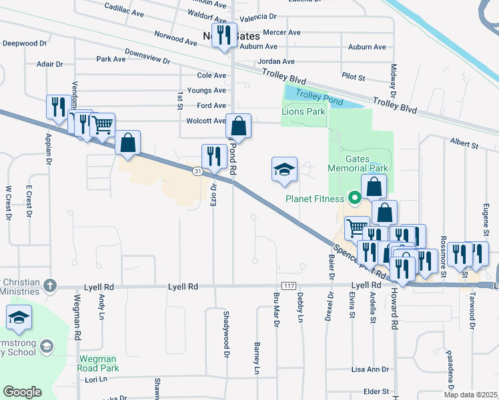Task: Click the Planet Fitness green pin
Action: click(x=356, y=197)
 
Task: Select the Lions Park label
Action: click(x=304, y=111)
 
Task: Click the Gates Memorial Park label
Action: click(x=358, y=163)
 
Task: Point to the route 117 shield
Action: click(x=288, y=286)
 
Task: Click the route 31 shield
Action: click(x=198, y=172)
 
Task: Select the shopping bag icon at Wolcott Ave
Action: click(x=239, y=125)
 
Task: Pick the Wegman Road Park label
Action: click(x=99, y=363)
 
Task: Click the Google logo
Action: click(x=22, y=391)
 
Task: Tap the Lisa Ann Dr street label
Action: click(x=370, y=369)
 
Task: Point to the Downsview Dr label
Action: click(x=147, y=56)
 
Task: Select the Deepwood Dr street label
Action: click(x=25, y=43)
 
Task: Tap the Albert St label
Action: click(x=464, y=143)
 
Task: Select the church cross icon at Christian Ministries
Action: click(x=49, y=286)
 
